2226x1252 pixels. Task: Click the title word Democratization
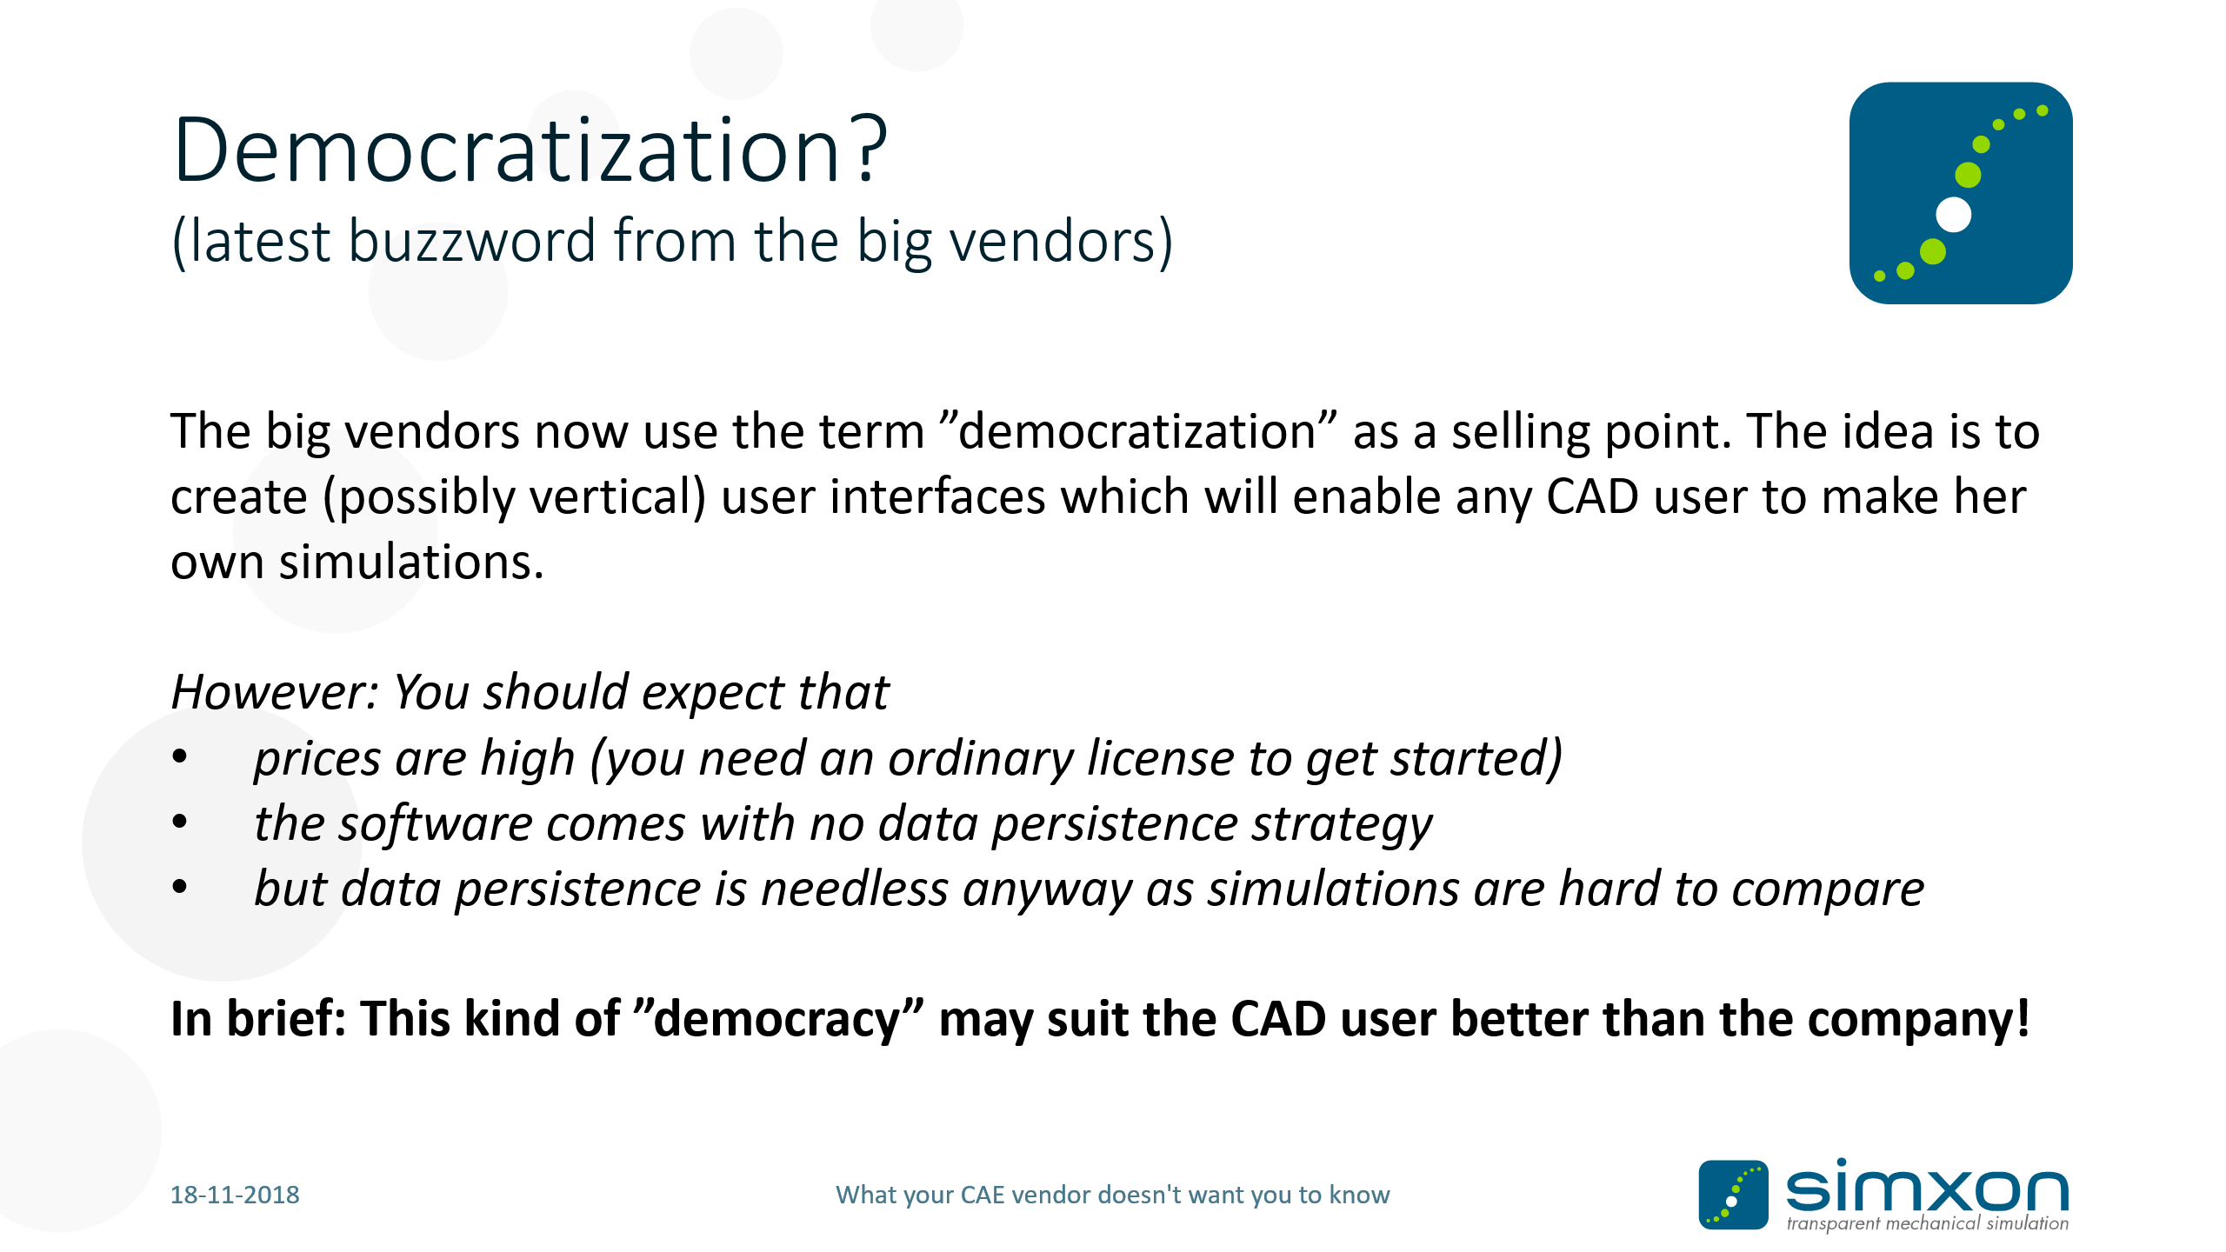click(507, 150)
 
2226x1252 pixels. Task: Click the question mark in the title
click(869, 150)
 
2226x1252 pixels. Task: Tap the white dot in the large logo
click(1953, 215)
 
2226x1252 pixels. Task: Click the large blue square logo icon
click(1961, 193)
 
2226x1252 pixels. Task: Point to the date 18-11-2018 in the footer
click(235, 1195)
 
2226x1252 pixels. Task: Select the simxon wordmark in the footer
click(1927, 1186)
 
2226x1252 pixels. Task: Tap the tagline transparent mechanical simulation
click(1928, 1223)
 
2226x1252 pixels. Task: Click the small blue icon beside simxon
click(1733, 1195)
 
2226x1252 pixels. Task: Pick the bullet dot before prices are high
click(180, 756)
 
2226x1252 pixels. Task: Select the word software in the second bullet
click(436, 824)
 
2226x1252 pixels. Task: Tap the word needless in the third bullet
click(855, 889)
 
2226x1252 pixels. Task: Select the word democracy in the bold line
click(777, 1019)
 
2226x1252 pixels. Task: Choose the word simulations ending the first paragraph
click(410, 562)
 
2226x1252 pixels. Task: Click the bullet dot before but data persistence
click(180, 887)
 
